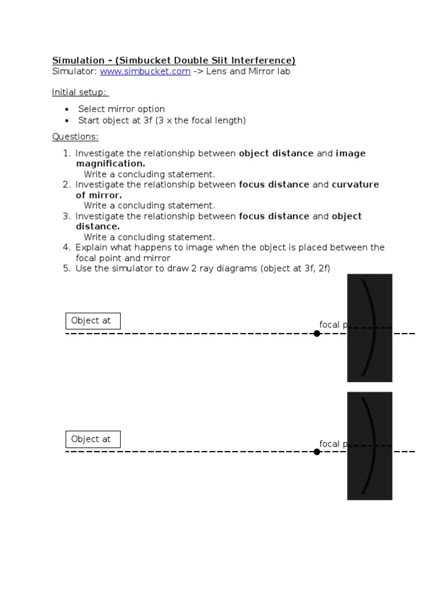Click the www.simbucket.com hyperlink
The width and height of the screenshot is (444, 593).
coord(145,72)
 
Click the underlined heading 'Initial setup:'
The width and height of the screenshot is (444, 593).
coord(79,92)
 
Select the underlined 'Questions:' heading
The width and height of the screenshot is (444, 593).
coord(75,137)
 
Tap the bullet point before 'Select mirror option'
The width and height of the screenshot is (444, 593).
coord(67,109)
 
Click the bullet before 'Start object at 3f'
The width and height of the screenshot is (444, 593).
coord(67,121)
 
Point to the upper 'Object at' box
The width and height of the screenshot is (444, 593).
coord(92,321)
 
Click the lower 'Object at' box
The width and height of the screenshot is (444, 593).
coord(92,439)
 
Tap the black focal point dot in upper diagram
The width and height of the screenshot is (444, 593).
coord(317,334)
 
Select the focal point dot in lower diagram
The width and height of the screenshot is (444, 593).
coord(317,452)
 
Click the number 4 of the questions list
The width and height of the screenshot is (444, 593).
coord(66,248)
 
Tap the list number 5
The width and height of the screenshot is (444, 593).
coord(66,269)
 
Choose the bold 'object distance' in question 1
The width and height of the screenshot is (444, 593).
coord(276,153)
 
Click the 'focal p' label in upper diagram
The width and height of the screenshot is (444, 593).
coord(332,325)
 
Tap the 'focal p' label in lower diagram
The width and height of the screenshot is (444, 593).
coord(332,444)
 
